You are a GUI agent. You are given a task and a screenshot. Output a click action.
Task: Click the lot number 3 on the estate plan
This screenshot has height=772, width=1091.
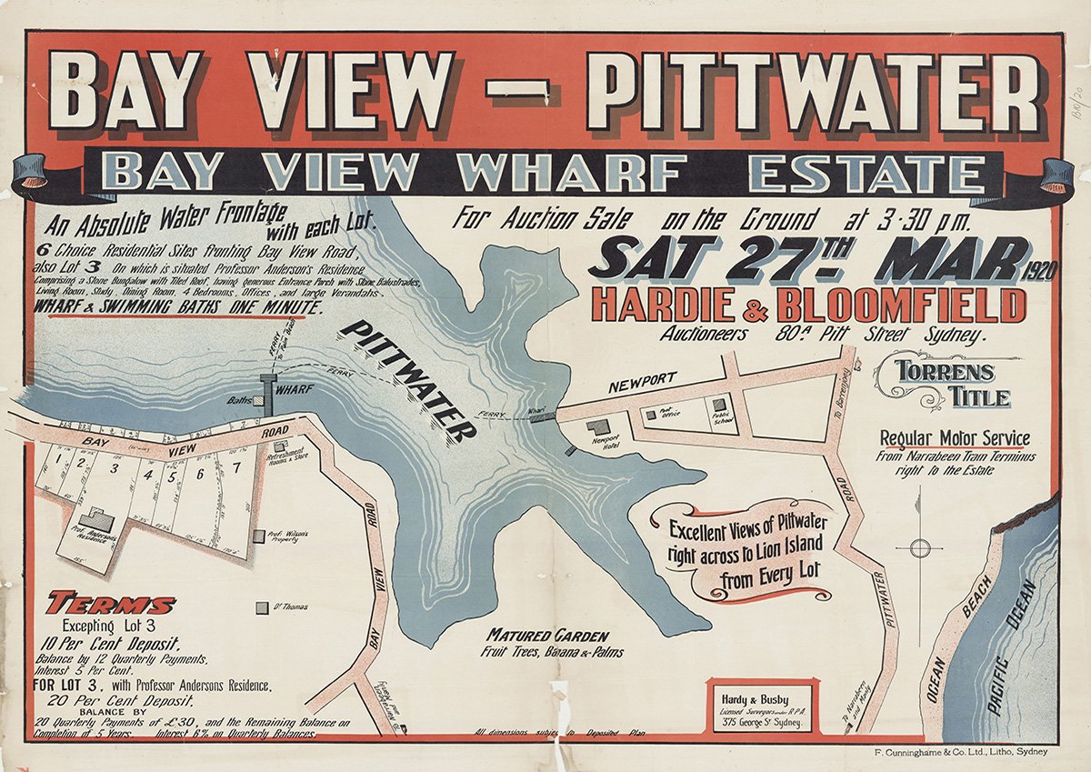click(114, 469)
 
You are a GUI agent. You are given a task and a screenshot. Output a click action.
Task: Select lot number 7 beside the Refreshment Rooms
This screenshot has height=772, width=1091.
click(235, 468)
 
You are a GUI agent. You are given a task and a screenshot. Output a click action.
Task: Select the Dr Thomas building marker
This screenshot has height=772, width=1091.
click(262, 606)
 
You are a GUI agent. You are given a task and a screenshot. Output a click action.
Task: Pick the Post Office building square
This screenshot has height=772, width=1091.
click(651, 414)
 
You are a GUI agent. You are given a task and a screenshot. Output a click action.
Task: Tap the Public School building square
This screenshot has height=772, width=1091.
click(718, 402)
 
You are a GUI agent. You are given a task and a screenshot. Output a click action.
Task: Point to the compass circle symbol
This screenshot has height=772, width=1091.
click(920, 547)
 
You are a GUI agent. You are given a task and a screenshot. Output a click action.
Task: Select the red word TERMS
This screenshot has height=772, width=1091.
click(111, 604)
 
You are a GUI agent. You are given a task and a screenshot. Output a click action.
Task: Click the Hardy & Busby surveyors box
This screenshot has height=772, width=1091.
click(761, 703)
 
